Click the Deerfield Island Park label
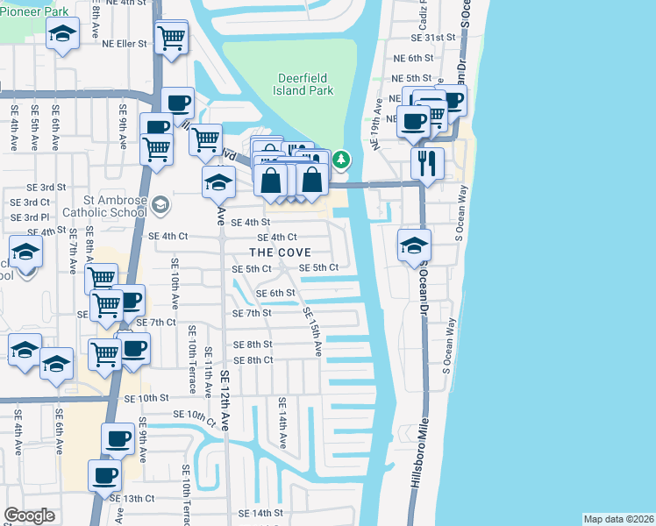[x=304, y=84]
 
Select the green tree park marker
[x=342, y=160]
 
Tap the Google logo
[x=29, y=515]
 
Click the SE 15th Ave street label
[x=312, y=331]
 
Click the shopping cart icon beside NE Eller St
[x=171, y=37]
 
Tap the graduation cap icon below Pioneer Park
[x=61, y=35]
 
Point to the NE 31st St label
[x=439, y=38]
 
